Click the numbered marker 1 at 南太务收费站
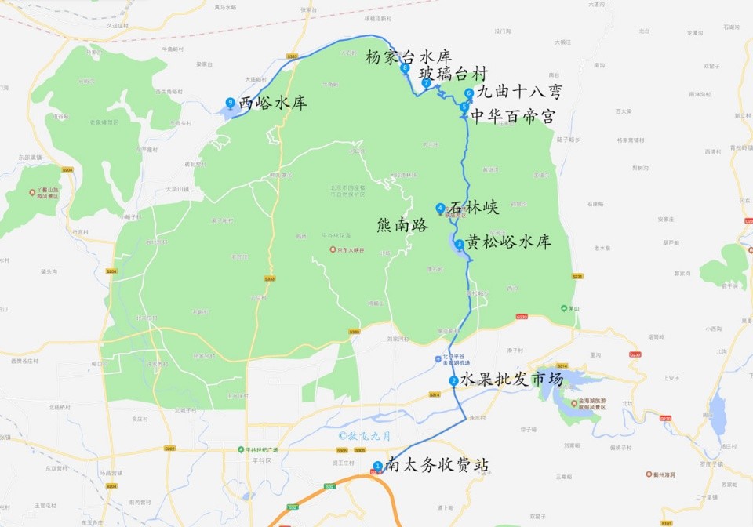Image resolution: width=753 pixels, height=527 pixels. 378,466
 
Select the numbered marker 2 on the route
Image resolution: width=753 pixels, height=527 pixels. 453,381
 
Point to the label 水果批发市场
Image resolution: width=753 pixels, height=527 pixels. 511,380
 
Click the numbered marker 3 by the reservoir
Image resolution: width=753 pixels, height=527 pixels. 459,244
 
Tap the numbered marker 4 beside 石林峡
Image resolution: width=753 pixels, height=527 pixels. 440,208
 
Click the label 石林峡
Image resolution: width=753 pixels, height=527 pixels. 474,208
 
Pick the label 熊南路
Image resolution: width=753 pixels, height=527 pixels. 402,225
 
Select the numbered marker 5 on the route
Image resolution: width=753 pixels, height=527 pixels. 464,107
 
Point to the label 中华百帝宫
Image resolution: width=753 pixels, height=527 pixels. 512,117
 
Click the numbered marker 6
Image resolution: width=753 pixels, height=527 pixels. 468,93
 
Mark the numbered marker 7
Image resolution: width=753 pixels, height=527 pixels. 426,82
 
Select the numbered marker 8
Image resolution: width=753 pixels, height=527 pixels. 405,68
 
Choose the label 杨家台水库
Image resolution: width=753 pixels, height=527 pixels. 409,57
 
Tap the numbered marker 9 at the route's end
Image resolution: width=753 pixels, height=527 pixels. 230,102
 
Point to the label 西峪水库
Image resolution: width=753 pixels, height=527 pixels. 272,103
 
